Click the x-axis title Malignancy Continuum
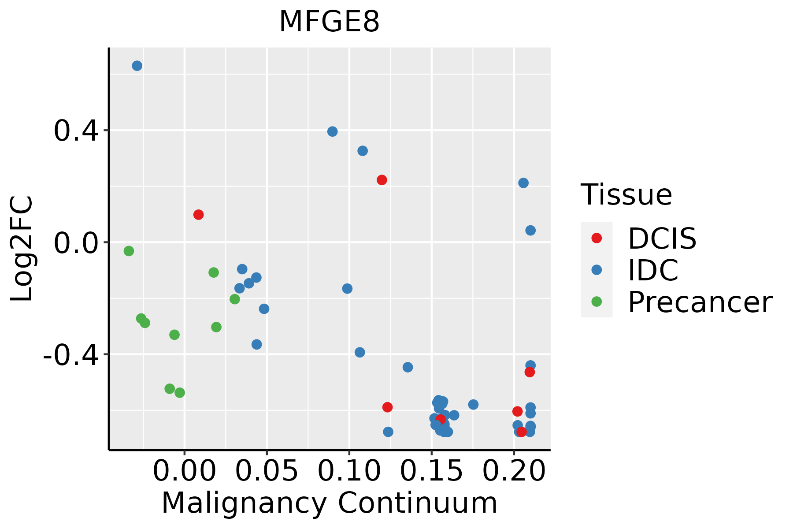click(329, 503)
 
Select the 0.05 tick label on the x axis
click(267, 471)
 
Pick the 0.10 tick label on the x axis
click(349, 471)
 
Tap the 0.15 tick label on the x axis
click(431, 471)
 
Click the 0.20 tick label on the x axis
click(514, 471)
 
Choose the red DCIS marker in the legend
click(597, 238)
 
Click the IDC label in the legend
click(653, 270)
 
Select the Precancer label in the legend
click(700, 302)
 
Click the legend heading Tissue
click(626, 194)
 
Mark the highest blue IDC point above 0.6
click(137, 66)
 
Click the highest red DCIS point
click(382, 180)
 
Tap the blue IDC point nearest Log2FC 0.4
click(333, 131)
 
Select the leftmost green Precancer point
click(129, 251)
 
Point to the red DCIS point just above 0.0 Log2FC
click(199, 215)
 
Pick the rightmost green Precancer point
click(235, 299)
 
